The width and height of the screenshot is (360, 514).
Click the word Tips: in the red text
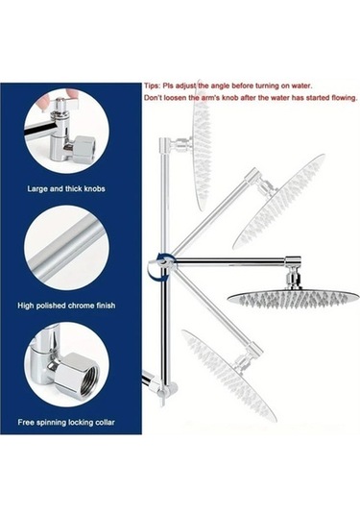click(x=155, y=86)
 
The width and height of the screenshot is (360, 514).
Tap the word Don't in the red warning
click(x=156, y=98)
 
